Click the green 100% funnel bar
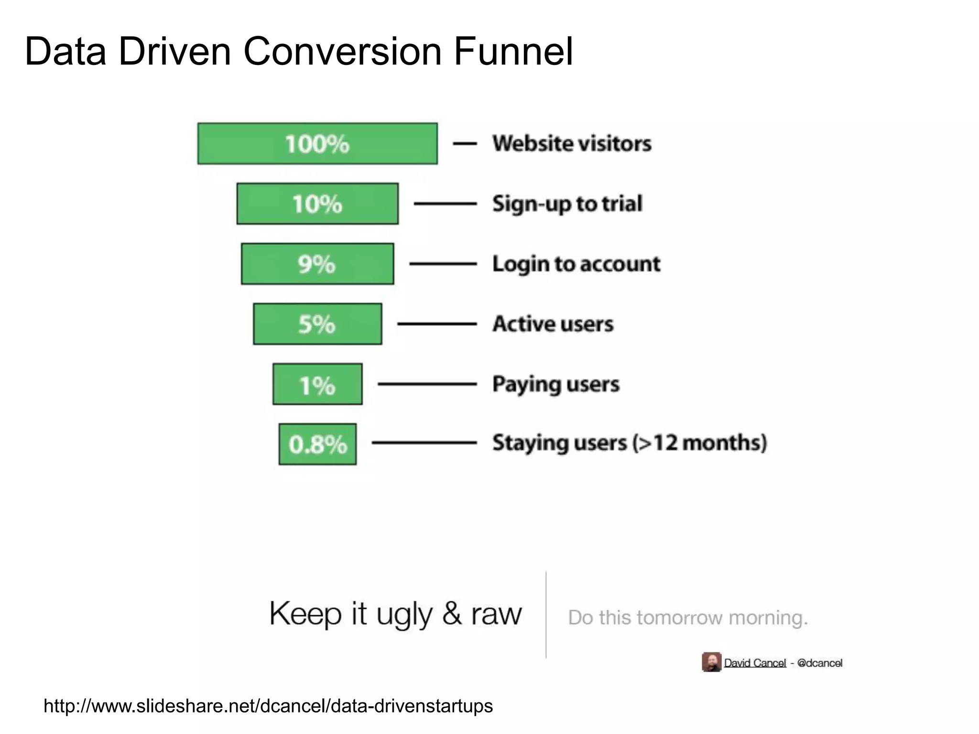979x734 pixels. coord(317,144)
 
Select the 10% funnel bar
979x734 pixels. coord(317,204)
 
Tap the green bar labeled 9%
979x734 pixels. coord(317,264)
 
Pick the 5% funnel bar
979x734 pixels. coord(317,324)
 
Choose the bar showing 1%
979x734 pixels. coord(317,384)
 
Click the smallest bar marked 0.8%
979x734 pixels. coord(317,444)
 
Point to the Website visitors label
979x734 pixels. coord(572,143)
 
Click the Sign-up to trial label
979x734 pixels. coord(567,204)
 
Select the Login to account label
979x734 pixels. coord(576,264)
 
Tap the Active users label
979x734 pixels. coord(553,324)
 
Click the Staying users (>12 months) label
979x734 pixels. coord(630,443)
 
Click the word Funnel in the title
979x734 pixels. coord(513,51)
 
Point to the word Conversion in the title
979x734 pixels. coord(342,51)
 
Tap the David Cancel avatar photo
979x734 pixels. coord(711,662)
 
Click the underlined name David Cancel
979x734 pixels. coord(755,663)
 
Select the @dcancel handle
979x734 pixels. coord(819,663)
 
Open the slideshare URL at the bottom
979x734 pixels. coord(268,706)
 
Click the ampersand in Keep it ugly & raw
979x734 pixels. coord(452,613)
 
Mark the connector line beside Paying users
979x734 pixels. coord(427,384)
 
